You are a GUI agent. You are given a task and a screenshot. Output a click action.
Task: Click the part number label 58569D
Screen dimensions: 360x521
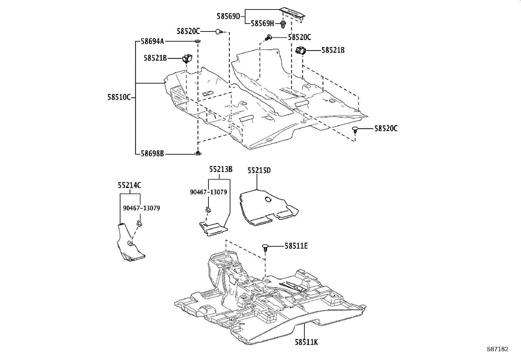(x=228, y=16)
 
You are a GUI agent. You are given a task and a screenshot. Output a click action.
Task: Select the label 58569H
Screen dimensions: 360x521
(x=262, y=23)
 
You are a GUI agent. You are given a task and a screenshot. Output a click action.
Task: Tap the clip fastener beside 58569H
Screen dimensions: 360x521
(x=283, y=24)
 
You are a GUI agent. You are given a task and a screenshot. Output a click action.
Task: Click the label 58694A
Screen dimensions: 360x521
(x=153, y=41)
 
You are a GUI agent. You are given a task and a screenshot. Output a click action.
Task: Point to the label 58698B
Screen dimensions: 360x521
(x=152, y=153)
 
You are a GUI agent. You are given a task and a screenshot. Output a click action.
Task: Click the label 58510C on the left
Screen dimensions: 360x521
(x=119, y=97)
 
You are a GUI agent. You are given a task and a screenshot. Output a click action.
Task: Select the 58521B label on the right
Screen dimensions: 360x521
(x=333, y=50)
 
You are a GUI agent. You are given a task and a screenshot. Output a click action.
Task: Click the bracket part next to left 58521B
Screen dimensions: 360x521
(x=187, y=59)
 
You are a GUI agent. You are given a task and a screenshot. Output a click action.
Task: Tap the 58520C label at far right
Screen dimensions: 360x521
(x=386, y=128)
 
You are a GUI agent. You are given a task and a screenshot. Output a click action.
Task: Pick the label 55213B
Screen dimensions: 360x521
(x=221, y=169)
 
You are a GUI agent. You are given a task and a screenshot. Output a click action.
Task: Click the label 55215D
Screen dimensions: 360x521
(x=259, y=171)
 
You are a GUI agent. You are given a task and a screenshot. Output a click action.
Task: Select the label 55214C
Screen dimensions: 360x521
(x=130, y=185)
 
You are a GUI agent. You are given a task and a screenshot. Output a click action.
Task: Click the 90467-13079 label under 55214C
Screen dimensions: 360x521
(x=141, y=208)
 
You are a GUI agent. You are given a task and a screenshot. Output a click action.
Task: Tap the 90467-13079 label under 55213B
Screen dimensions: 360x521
(x=208, y=192)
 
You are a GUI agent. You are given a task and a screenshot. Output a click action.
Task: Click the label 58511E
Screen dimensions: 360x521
(x=296, y=246)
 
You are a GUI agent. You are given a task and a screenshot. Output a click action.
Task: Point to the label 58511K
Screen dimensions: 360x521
(x=306, y=342)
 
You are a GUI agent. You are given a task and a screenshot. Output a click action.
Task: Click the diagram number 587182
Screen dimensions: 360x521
(x=497, y=349)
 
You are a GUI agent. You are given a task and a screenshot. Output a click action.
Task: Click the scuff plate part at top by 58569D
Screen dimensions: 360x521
(x=294, y=13)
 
